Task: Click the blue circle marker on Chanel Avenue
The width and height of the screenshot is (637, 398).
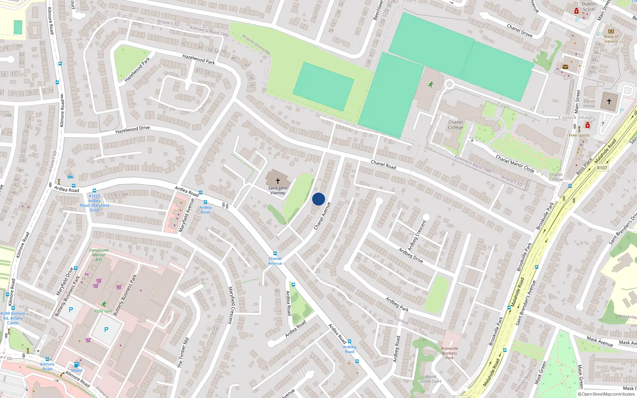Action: coord(318,199)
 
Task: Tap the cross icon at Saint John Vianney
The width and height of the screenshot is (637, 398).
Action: coord(278,181)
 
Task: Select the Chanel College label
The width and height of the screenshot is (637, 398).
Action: coord(455,125)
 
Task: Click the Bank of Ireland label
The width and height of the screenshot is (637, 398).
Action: coord(611,39)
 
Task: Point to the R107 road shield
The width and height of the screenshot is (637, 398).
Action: coord(602,168)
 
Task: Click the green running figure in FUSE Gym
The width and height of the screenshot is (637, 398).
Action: coord(104,304)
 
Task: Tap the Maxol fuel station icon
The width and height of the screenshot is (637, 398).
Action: coord(77,365)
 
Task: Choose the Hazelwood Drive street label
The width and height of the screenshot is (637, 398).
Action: coord(133,130)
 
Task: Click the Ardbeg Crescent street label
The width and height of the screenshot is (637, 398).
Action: coord(417,235)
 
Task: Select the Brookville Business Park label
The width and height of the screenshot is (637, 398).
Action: coord(449,353)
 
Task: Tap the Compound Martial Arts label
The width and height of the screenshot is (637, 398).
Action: coord(98,255)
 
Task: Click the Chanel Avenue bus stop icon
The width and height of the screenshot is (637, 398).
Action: coord(275,254)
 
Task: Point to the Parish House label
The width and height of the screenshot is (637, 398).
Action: coord(589,103)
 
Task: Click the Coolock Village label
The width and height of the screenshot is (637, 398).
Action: coord(576,117)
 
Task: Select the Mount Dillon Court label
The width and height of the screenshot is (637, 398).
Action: coord(431,379)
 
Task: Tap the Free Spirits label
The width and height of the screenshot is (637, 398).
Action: coord(579,135)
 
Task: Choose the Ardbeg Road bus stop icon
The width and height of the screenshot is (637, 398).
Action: coord(350,341)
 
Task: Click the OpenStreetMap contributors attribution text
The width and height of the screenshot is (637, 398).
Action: coord(608,394)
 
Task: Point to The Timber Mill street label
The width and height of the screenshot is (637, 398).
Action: coord(183,353)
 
